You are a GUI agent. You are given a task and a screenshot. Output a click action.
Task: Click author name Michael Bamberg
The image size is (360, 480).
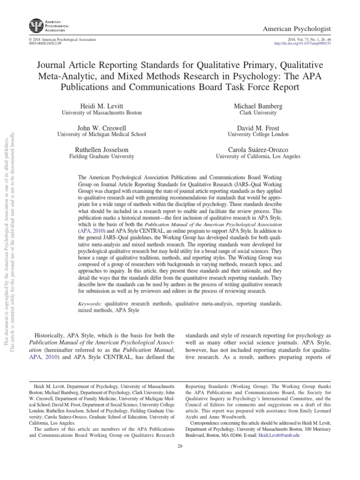[258, 106]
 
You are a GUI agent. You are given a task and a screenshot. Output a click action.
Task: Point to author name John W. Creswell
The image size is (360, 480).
[102, 127]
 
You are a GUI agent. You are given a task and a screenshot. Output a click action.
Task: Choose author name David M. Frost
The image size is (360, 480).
[258, 127]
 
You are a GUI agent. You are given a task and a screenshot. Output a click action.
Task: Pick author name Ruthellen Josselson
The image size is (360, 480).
[102, 150]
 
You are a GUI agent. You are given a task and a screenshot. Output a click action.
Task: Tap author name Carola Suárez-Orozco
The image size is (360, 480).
[258, 150]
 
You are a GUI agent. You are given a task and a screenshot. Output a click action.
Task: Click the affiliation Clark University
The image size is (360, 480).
[258, 113]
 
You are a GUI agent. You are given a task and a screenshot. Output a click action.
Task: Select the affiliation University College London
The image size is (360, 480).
[258, 135]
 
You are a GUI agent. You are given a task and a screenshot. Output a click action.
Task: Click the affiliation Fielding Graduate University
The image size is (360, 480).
[102, 157]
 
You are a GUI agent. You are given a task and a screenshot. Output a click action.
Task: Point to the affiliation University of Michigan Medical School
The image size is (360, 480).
[102, 135]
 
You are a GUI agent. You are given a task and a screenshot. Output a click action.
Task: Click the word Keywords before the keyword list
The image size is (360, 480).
[91, 291]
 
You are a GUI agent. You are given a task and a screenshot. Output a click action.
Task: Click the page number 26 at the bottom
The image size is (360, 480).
[180, 446]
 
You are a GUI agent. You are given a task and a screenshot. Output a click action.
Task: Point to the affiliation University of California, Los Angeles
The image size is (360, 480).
[258, 157]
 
